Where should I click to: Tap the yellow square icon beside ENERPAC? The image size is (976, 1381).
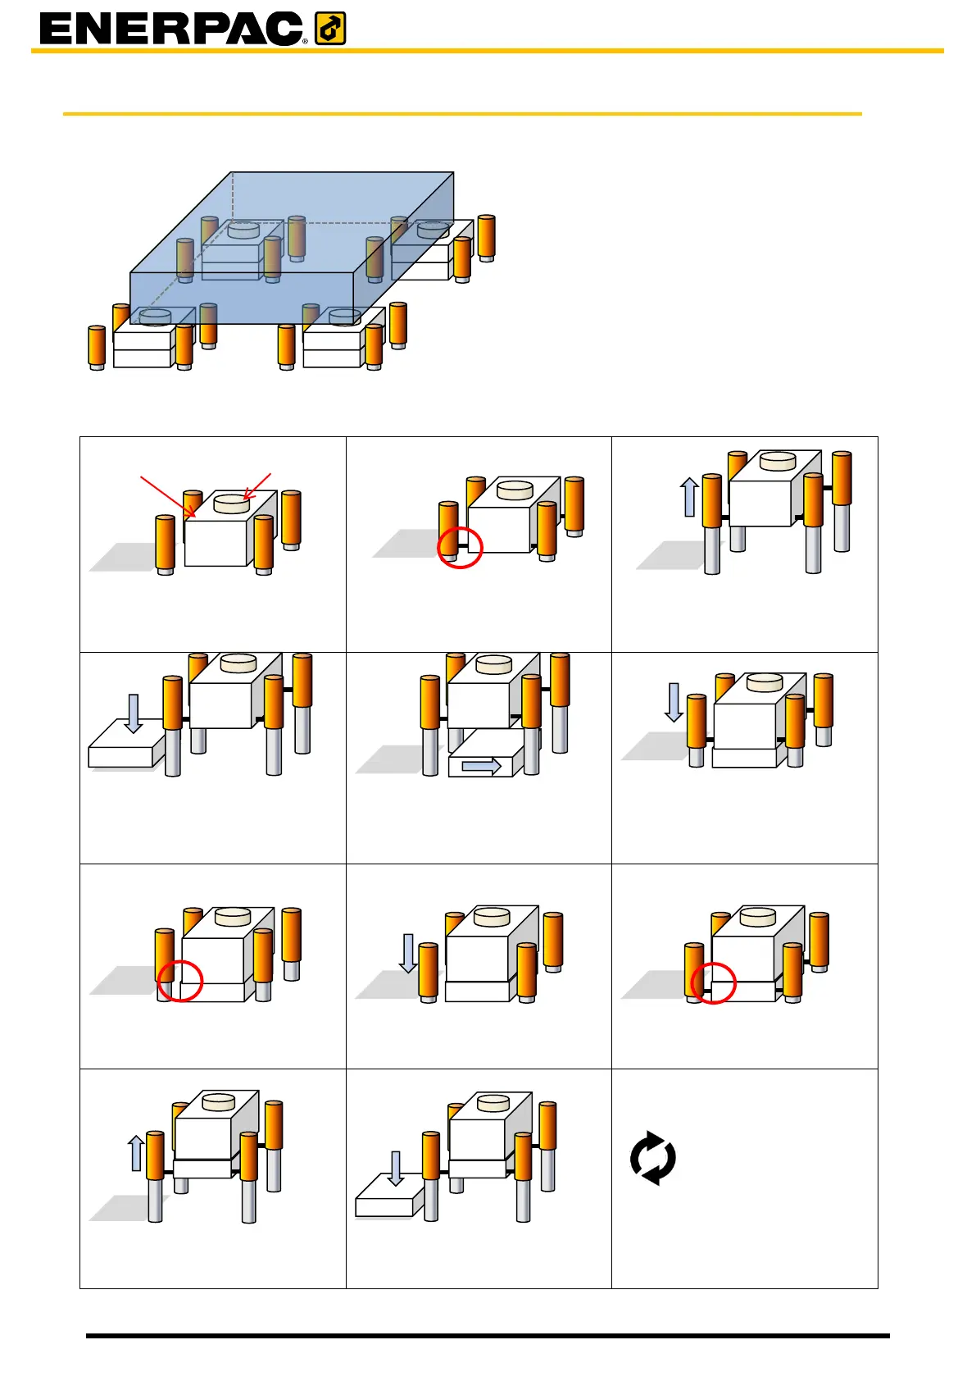coord(330,30)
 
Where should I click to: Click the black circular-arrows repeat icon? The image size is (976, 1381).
coord(653,1158)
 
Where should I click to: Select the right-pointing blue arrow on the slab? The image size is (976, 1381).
coord(482,766)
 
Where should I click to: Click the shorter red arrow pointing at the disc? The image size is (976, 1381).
coord(257,485)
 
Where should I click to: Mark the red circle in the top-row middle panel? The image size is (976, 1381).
coord(460,547)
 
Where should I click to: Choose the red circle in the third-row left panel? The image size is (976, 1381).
coord(179,980)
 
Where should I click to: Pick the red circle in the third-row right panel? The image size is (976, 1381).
coord(713,982)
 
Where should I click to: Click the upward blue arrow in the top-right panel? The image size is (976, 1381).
coord(690,497)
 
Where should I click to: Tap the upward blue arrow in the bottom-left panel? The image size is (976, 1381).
coord(137,1153)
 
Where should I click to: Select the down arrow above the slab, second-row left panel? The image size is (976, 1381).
coord(134,713)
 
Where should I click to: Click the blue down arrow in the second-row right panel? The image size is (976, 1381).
coord(674,702)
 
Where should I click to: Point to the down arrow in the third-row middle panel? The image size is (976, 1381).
coord(408,953)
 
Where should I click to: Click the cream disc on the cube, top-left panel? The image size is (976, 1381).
coord(231,504)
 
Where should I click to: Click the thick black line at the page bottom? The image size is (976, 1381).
coord(488,1336)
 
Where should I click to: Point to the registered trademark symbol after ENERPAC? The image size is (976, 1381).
coord(306,40)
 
